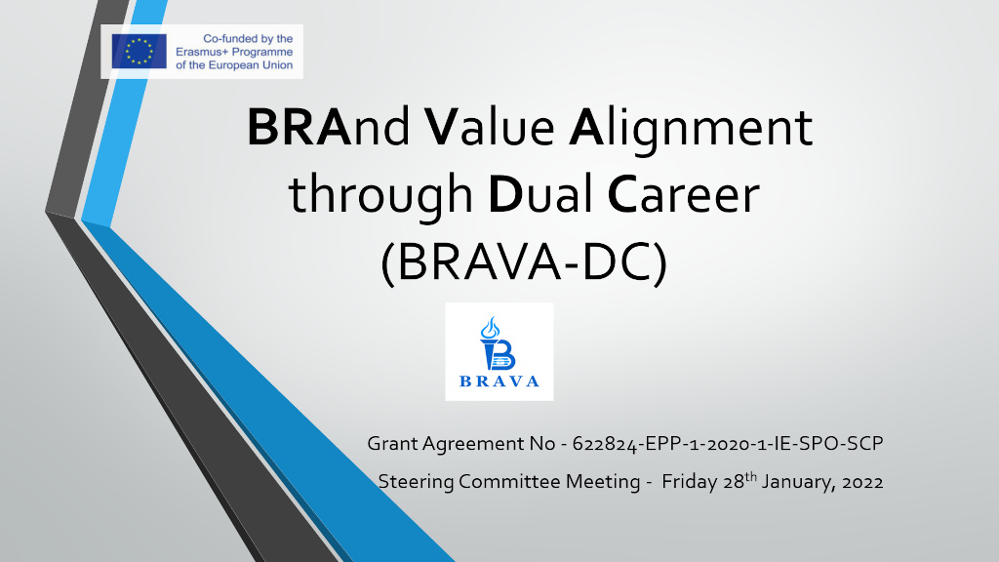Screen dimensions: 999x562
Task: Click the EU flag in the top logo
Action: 139,52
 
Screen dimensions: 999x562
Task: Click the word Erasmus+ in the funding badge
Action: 199,52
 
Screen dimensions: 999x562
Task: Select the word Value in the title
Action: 489,128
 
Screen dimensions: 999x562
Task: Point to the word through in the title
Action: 380,196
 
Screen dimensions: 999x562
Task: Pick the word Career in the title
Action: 684,194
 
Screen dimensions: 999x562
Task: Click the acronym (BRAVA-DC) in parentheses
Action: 524,261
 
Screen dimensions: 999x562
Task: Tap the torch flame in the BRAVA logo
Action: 490,328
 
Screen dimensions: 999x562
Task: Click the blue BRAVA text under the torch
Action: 499,381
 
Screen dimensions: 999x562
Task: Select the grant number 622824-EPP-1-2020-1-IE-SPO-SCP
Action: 728,444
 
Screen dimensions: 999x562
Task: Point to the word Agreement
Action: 473,444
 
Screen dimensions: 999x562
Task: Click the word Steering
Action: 416,482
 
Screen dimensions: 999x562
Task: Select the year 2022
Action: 862,482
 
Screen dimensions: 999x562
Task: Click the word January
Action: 799,482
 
